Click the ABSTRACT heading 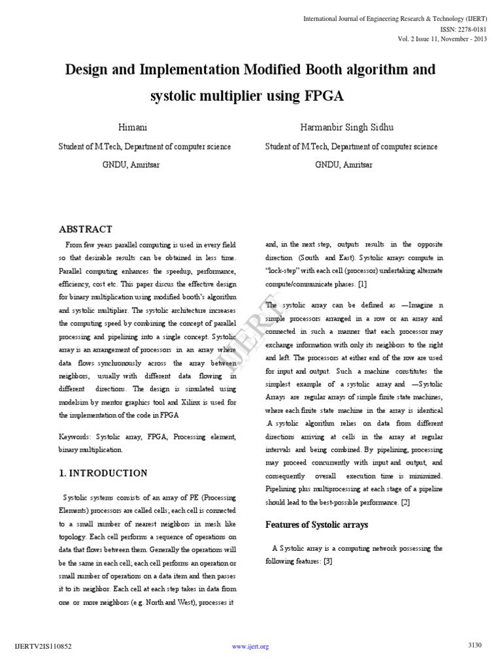[x=86, y=229]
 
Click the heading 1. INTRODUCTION [x=103, y=473]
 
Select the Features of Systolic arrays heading [x=316, y=525]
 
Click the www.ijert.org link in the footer [x=251, y=647]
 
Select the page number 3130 [x=475, y=645]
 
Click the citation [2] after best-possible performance [x=405, y=502]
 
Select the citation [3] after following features [x=328, y=561]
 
